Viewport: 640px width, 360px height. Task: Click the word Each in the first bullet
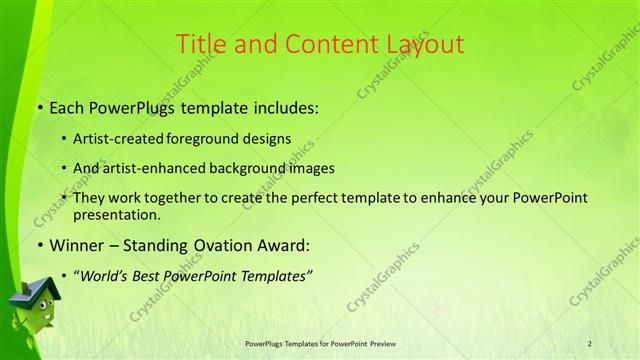(x=67, y=106)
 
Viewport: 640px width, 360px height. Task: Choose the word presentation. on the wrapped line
(x=116, y=215)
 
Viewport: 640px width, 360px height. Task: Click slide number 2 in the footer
(x=590, y=343)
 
